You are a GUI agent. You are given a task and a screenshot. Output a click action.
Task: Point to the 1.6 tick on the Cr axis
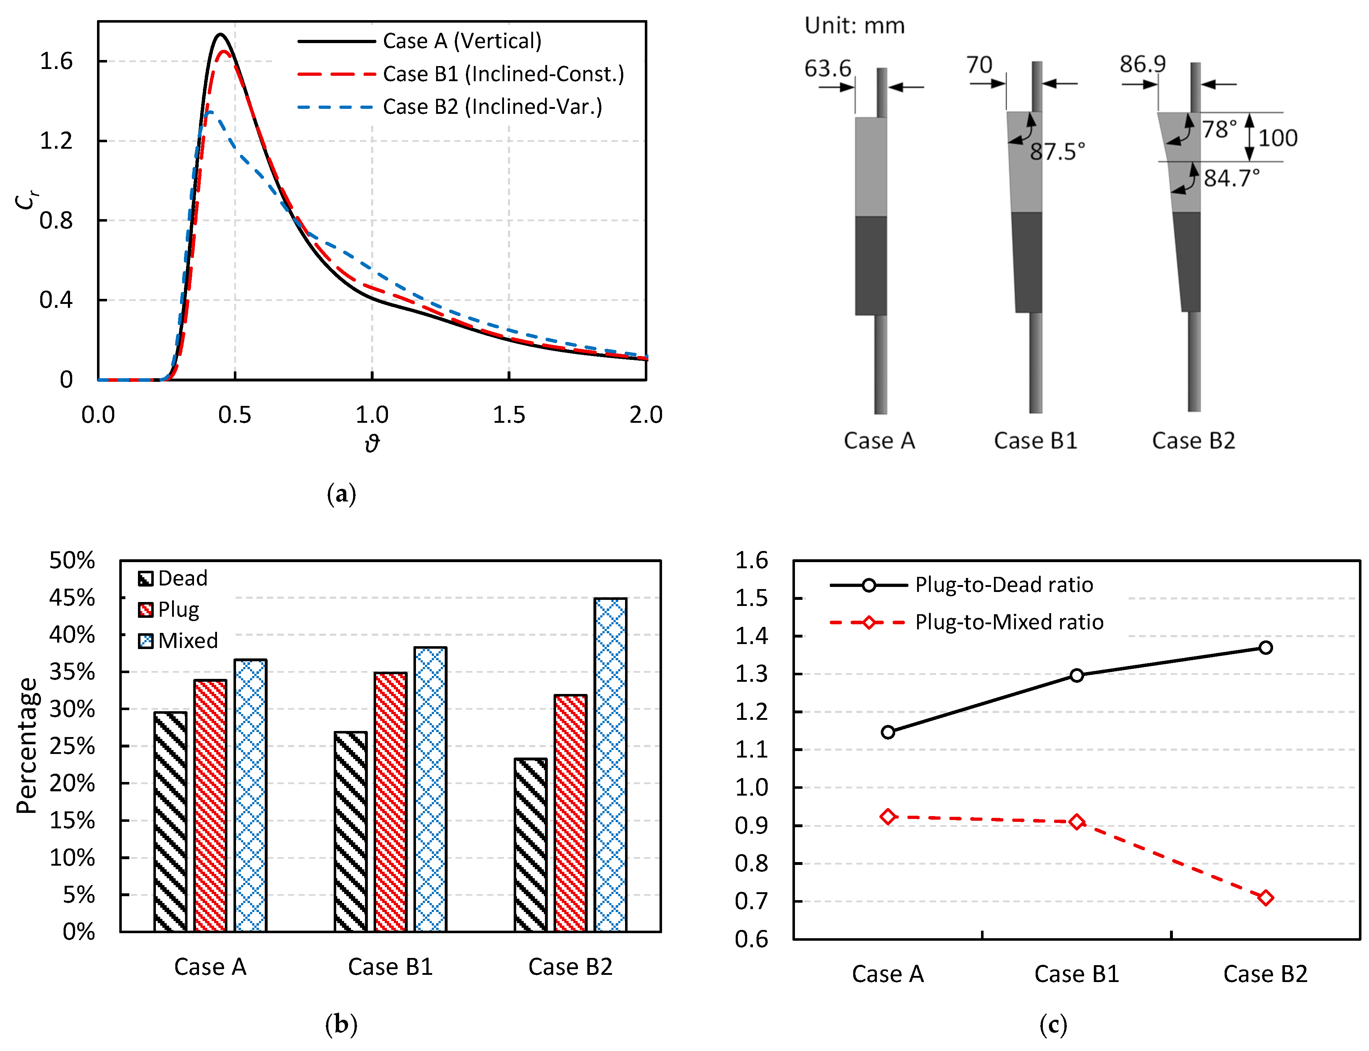56,61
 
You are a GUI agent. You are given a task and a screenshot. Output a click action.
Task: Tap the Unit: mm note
854,26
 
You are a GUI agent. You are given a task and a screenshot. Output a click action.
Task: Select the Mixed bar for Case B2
610,764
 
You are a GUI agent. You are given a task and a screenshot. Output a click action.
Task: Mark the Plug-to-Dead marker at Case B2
1265,648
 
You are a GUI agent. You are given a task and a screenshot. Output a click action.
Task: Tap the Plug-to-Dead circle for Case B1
1076,675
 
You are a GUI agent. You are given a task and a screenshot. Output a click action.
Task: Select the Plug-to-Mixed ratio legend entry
1009,622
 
